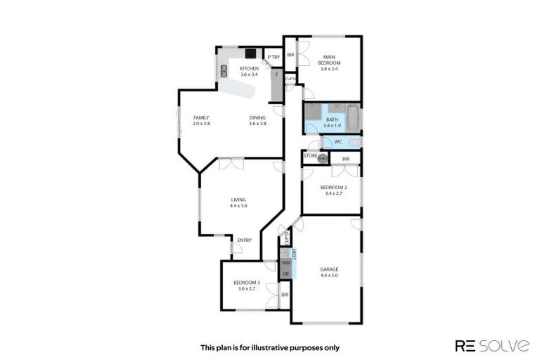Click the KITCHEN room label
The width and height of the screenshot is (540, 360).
250,68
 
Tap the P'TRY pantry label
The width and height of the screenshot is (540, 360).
274,57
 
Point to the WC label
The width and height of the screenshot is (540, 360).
337,141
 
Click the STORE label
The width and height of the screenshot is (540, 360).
310,155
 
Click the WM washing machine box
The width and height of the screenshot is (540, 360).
285,262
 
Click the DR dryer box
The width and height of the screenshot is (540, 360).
285,274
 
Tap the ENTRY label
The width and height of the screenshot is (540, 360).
244,240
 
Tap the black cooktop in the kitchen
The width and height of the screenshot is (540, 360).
250,53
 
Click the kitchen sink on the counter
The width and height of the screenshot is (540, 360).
224,70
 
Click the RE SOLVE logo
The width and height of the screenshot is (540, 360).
492,345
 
